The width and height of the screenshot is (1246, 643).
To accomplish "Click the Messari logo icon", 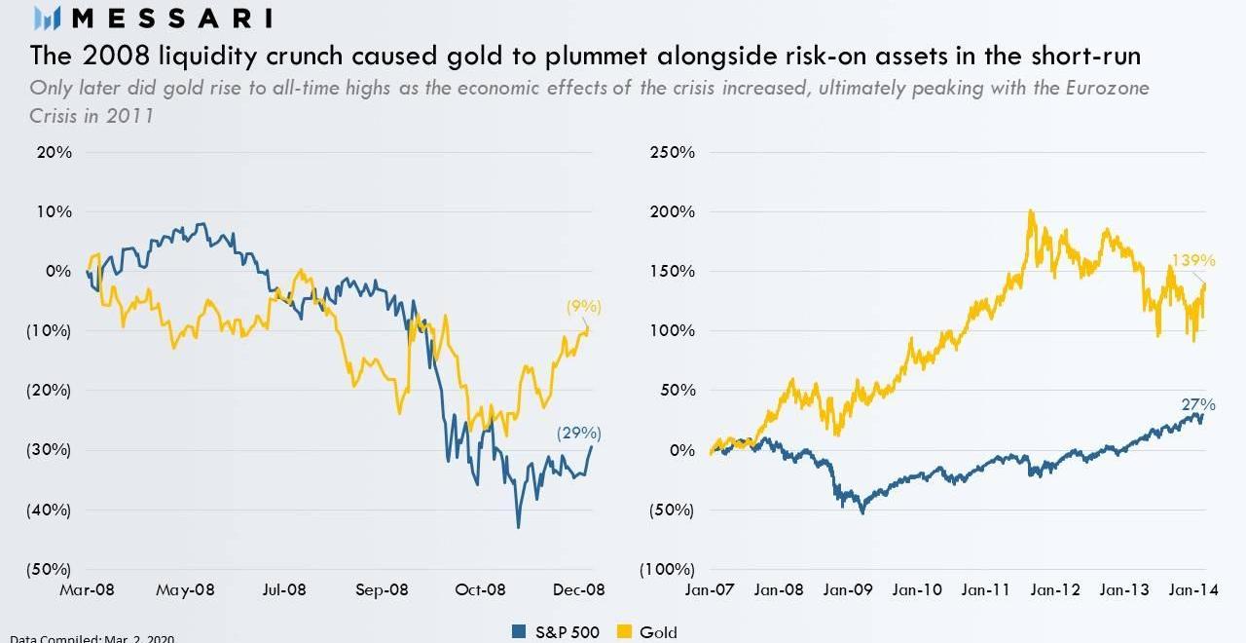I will pos(48,17).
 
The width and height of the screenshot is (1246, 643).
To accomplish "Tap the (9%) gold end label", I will pos(584,307).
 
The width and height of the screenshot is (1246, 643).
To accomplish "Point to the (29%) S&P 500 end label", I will pos(579,434).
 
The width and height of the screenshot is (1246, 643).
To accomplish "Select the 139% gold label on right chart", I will pos(1193,260).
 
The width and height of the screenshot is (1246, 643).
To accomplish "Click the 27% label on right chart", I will pos(1199,404).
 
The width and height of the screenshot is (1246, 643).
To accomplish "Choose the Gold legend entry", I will pos(649,632).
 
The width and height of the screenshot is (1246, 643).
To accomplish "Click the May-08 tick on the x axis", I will pos(185,589).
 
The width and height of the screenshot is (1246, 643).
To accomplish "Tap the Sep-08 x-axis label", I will pos(383,589).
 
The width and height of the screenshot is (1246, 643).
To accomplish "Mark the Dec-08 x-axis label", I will pos(580,589).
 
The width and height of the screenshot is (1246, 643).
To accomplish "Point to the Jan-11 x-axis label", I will pos(987,589).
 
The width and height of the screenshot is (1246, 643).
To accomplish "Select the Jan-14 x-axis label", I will pos(1192,589).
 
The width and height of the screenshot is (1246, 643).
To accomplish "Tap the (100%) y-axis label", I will pos(668,569).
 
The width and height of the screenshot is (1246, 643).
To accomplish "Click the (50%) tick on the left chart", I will pos(49,569).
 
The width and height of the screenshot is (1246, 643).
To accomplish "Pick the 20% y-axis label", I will pos(55,152).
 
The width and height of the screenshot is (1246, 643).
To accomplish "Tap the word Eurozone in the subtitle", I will pos(1110,89).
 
